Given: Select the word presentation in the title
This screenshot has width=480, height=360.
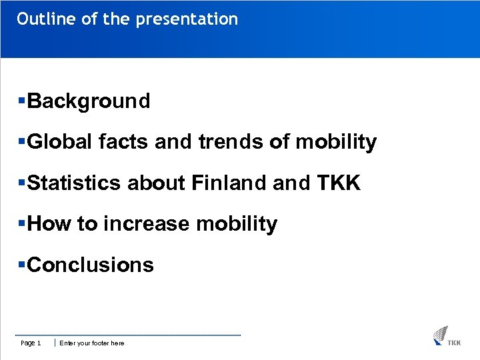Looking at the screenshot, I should [187, 19].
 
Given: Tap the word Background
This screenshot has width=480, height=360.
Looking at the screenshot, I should [89, 101].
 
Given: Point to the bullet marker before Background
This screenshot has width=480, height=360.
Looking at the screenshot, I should [22, 101].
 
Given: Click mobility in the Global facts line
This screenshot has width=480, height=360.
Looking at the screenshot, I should [336, 142].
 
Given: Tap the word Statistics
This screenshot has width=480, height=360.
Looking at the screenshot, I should [74, 183].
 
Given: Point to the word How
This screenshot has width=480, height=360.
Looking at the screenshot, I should [50, 224].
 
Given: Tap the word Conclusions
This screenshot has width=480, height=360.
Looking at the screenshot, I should [91, 265].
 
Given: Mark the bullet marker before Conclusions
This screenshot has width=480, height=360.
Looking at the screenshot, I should [22, 265].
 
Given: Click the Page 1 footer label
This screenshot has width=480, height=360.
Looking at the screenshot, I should [31, 343].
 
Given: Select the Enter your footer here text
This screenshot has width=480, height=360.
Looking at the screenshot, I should [92, 343].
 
